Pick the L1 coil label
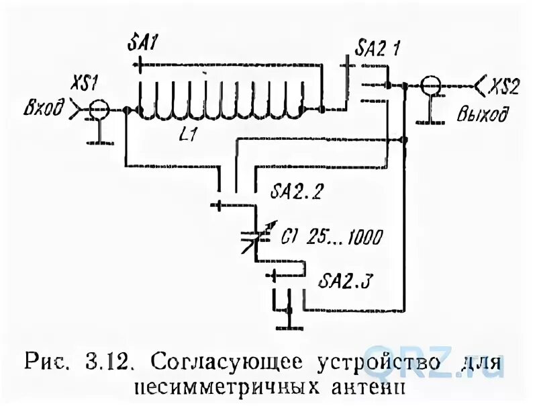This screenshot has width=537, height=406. [189, 134]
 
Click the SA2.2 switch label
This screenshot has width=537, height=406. [297, 192]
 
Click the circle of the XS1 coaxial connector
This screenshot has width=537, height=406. [99, 109]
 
